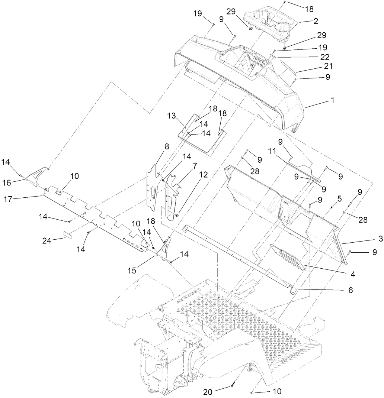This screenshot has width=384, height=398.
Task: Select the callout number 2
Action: click(316, 22)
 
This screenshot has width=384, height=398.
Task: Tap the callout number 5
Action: click(339, 198)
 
